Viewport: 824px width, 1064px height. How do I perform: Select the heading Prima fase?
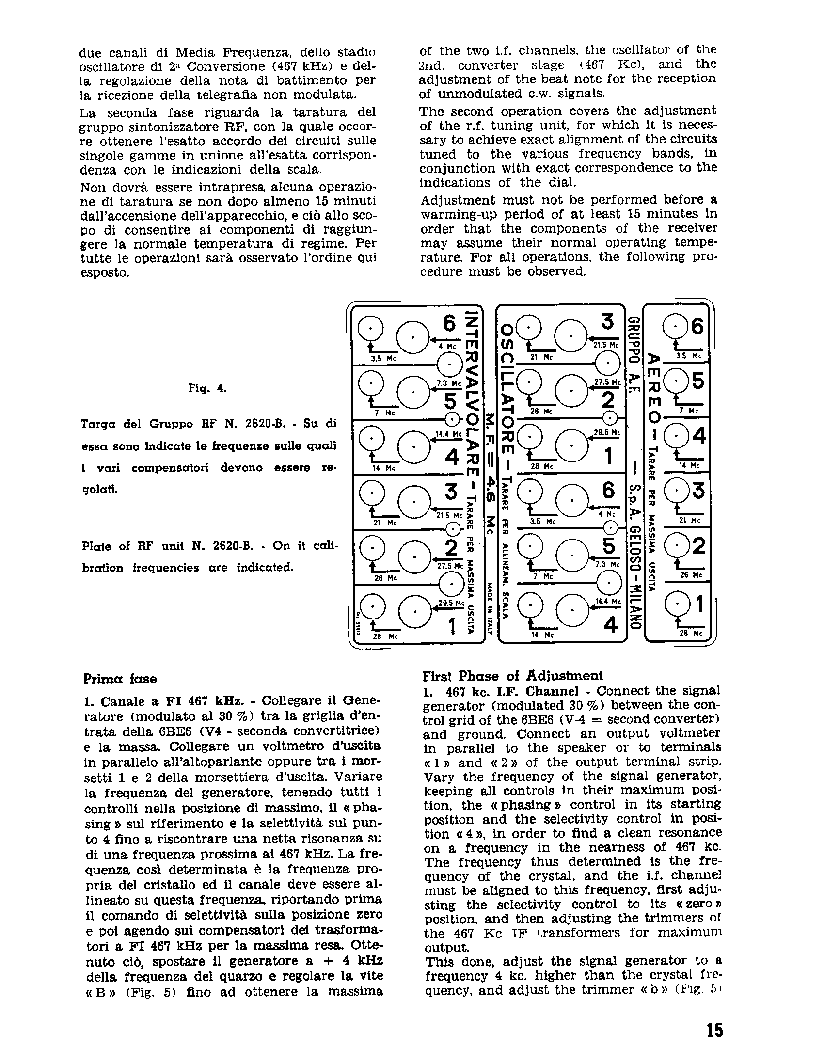point(120,679)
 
